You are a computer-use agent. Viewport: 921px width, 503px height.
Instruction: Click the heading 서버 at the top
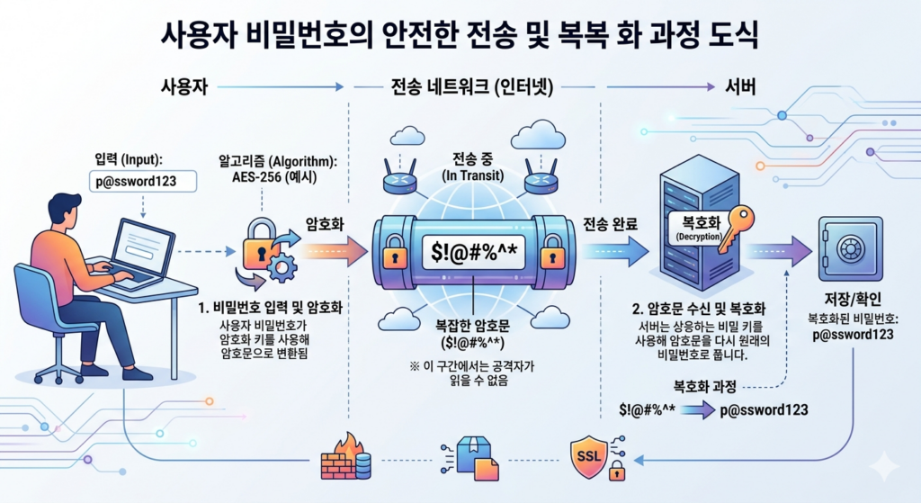pos(739,88)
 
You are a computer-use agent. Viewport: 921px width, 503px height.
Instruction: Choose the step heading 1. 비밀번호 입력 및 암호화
pos(275,308)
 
